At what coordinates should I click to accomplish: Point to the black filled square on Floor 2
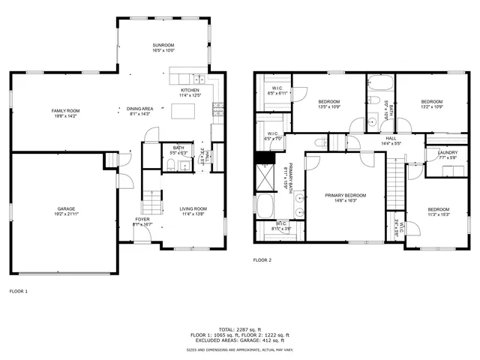point(262,157)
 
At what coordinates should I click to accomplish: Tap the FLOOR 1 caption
point(18,290)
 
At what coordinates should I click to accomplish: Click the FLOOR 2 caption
point(262,259)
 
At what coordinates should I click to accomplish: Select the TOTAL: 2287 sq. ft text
point(239,329)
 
